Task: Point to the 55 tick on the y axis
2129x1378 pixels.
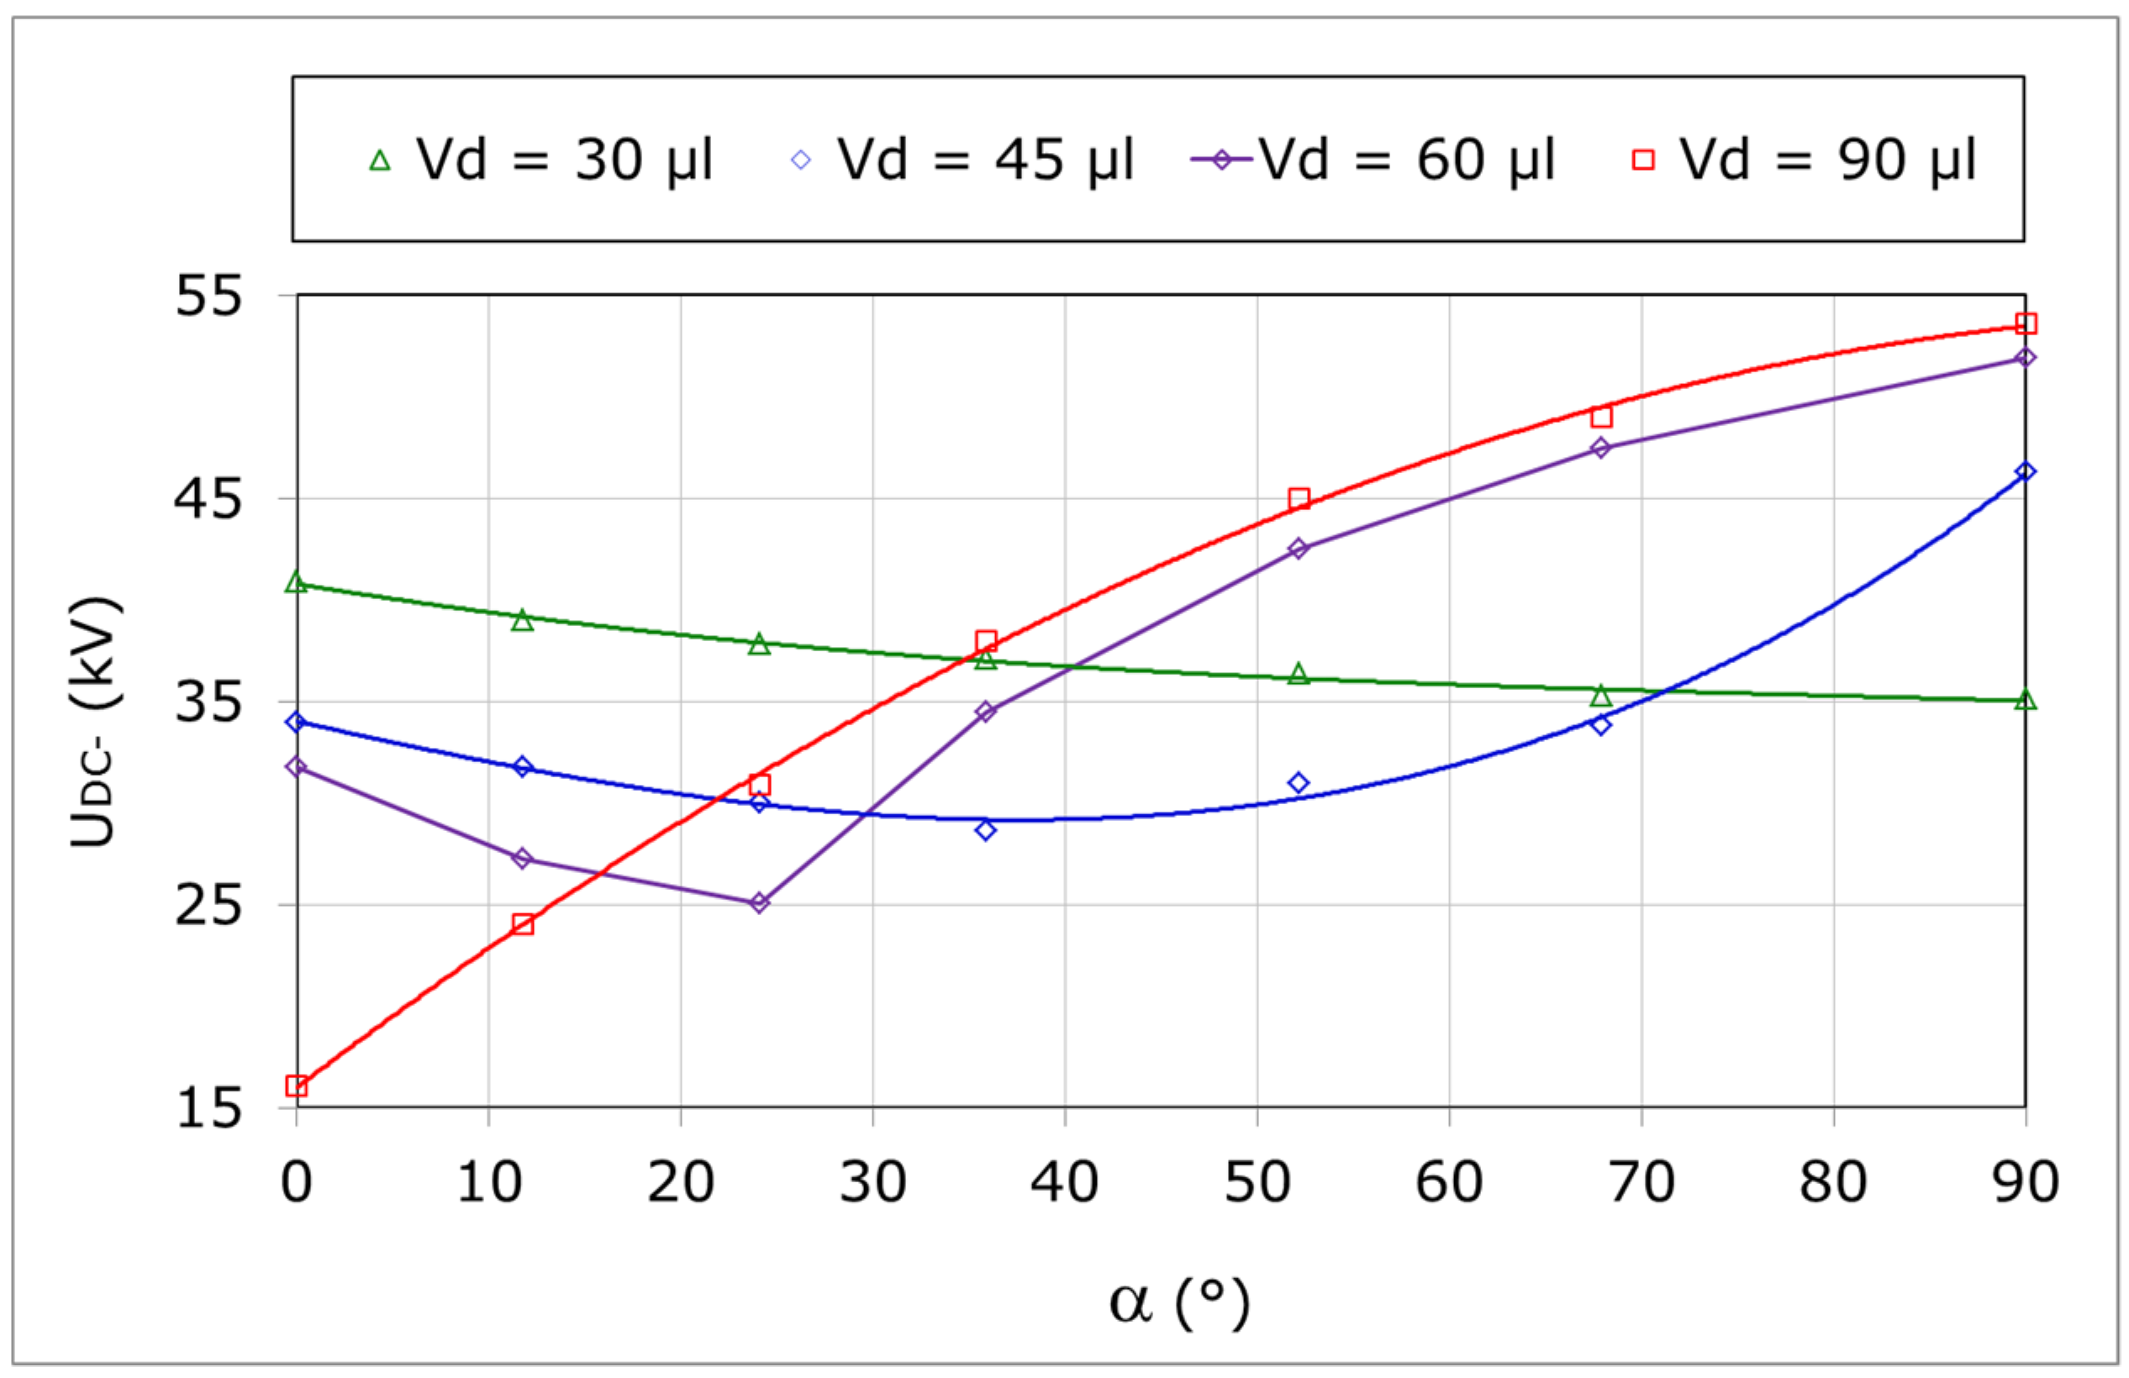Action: pos(208,295)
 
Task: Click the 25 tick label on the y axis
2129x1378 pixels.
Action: pos(208,906)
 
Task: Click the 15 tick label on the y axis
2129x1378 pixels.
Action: pos(208,1109)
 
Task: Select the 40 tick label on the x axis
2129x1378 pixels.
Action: pos(1063,1182)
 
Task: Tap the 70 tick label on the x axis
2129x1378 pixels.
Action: pos(1642,1182)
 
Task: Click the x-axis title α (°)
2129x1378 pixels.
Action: pos(1178,1304)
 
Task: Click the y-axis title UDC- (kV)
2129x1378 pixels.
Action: pos(93,721)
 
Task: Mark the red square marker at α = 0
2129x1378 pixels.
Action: pos(296,1086)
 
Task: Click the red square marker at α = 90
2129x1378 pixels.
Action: pos(2026,323)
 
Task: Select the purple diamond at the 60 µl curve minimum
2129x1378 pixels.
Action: pos(760,903)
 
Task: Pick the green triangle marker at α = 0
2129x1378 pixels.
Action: pos(296,583)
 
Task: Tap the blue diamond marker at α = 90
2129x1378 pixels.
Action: pos(2026,471)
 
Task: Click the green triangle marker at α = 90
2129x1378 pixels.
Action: pos(2026,700)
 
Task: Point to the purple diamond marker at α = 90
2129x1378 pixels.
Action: pos(2026,358)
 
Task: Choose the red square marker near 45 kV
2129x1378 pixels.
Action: pos(1299,499)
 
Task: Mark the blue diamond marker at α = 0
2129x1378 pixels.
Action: pos(296,722)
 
